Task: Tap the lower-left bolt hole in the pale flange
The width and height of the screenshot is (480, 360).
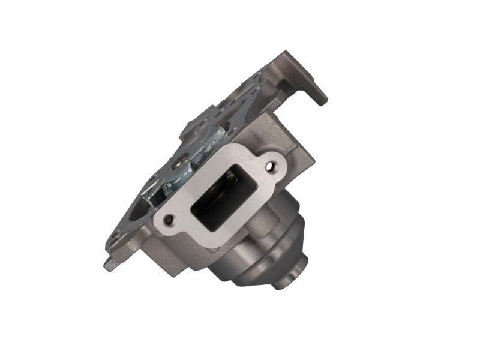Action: (169, 220)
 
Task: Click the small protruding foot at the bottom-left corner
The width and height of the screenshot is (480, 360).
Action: (109, 265)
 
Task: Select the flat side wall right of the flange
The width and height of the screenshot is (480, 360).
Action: (300, 162)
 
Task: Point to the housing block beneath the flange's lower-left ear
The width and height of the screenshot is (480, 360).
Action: (174, 255)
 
